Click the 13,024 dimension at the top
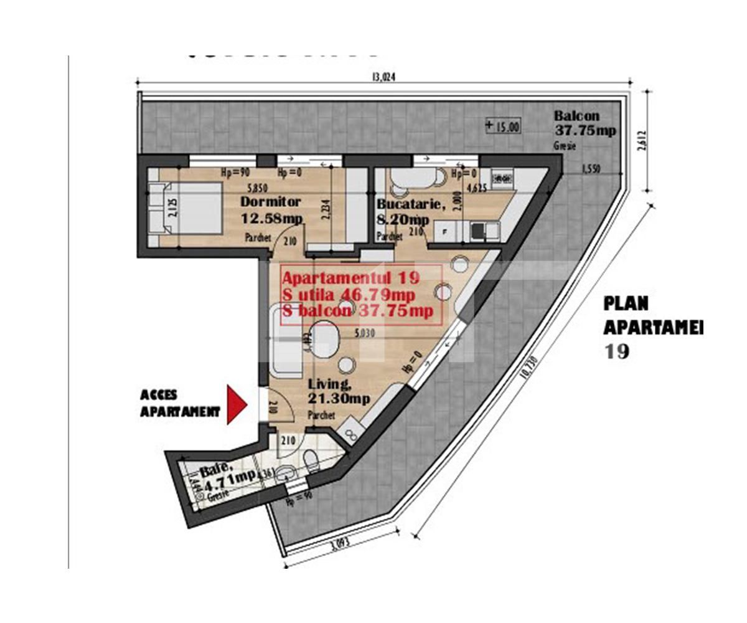383,78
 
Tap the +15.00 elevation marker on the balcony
502,126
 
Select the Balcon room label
576,116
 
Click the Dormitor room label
271,202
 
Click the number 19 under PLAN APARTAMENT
616,351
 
